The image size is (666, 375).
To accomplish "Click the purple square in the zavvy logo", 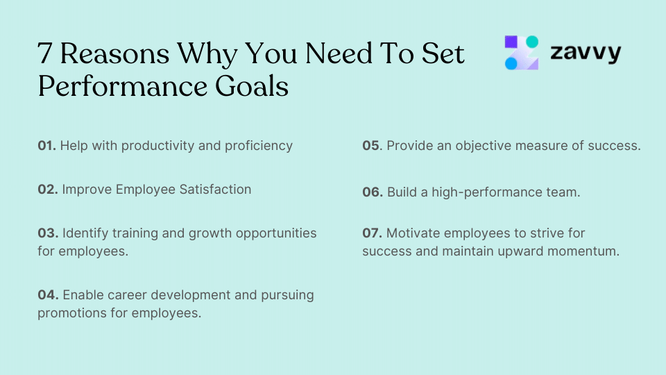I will (512, 42).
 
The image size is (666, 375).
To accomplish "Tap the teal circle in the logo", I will (531, 42).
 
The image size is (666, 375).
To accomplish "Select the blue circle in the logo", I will (512, 63).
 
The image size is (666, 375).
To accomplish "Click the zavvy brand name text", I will (586, 53).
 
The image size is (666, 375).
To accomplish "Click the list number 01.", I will (46, 146).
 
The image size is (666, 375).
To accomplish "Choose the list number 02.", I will (47, 189).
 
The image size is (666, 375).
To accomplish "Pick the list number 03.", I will (47, 233).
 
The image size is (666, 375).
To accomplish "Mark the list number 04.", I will (47, 295).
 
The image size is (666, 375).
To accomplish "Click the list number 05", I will (372, 146).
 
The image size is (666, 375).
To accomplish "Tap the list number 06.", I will (373, 192).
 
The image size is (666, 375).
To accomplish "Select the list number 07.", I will (372, 233).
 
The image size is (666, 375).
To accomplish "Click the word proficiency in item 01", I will (258, 146).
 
